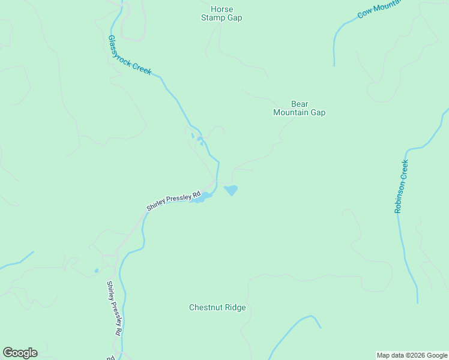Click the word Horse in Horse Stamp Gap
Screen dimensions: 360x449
pos(221,10)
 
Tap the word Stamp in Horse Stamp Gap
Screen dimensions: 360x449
pos(212,18)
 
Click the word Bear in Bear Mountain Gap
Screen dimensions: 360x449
pos(299,104)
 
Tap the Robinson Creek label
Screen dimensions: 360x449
pos(401,187)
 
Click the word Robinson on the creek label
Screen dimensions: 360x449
pos(400,195)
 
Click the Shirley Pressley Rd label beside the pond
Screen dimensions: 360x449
pos(173,201)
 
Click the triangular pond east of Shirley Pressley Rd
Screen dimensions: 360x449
pos(231,190)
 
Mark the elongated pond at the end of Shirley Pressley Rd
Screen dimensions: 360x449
pos(201,197)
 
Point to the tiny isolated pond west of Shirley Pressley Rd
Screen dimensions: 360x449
pos(96,271)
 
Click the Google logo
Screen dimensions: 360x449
pos(20,353)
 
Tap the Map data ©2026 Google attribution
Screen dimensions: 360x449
pos(412,355)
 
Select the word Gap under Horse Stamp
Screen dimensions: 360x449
pos(234,18)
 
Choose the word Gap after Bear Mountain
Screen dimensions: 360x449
pos(318,112)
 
